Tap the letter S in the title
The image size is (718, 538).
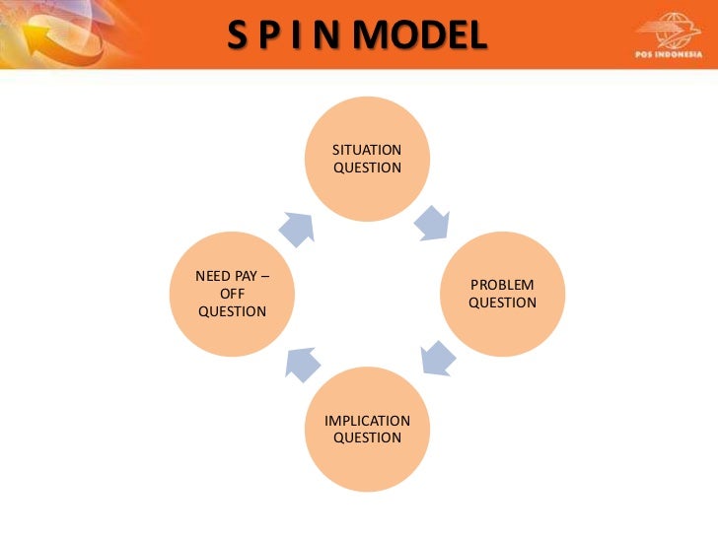click(x=239, y=36)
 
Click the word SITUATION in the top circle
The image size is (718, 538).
click(x=367, y=150)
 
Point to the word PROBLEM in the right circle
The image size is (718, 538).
click(x=502, y=285)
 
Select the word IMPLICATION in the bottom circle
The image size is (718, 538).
click(x=367, y=421)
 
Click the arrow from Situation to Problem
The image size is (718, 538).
click(x=431, y=222)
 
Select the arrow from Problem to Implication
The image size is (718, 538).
click(x=435, y=358)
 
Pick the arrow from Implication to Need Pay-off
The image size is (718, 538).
click(x=303, y=362)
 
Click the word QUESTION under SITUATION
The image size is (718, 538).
click(x=367, y=168)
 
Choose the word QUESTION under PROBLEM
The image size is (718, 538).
click(x=502, y=303)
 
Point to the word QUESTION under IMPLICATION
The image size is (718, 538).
click(x=367, y=437)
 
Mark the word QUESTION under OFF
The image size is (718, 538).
click(x=232, y=311)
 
